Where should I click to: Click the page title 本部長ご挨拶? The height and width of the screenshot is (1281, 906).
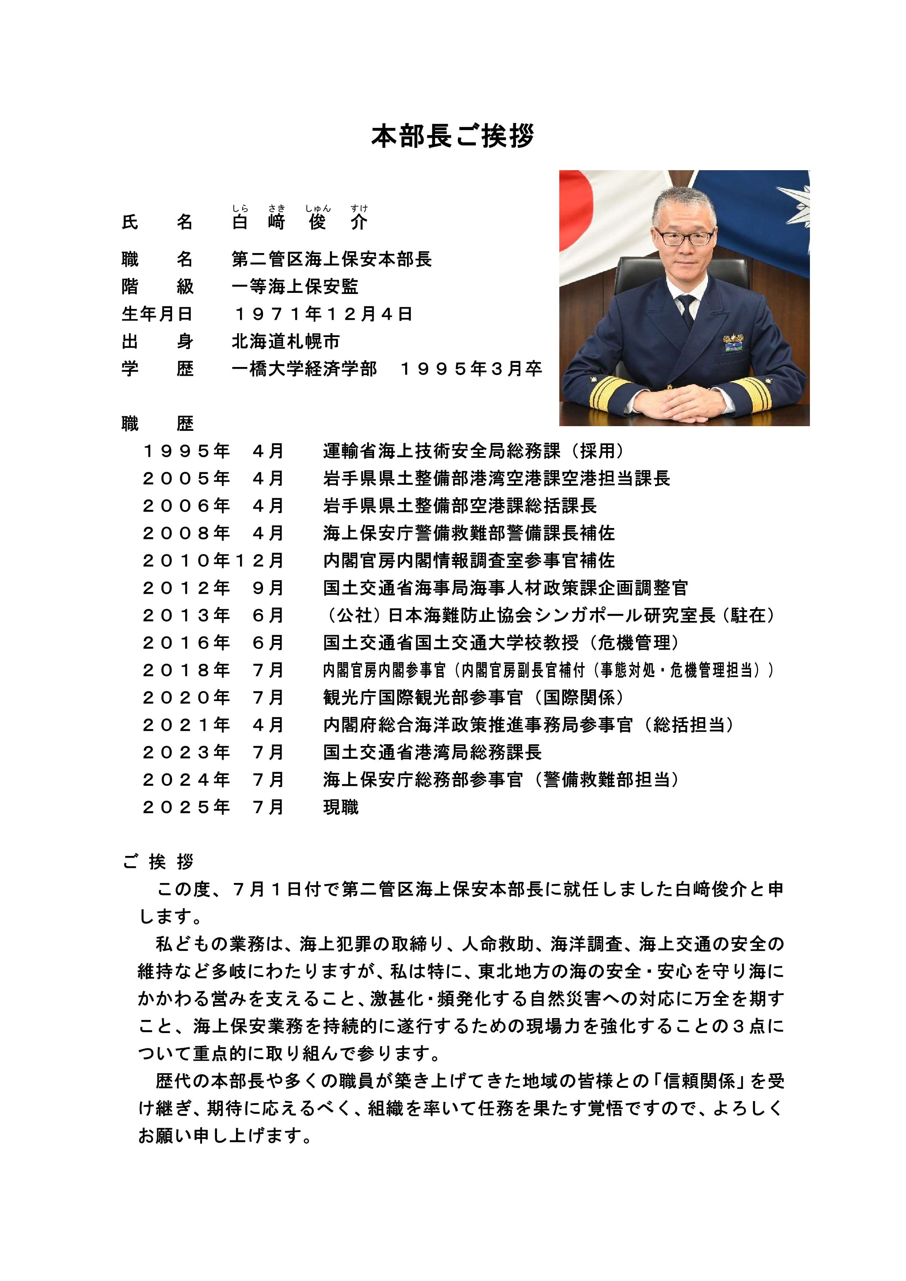453,137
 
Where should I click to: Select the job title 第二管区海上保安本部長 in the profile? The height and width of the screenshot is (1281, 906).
332,259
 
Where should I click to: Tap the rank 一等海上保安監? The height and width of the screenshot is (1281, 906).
295,287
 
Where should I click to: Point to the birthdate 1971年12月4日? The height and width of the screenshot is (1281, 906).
323,314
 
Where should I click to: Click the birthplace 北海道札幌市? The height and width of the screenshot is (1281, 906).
286,341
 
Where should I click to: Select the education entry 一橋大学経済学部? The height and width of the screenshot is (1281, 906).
304,369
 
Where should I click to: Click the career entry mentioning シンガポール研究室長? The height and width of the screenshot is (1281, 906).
549,615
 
